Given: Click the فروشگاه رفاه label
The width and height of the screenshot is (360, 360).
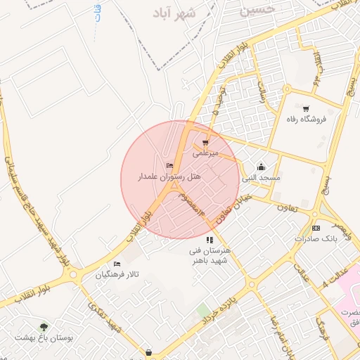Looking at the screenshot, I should [x=308, y=120].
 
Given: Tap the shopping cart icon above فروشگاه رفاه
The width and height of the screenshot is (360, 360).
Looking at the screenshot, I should [x=306, y=108].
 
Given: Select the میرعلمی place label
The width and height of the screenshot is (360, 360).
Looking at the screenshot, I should [x=207, y=153].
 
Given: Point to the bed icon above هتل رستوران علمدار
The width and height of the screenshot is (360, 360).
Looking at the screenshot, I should [x=169, y=166].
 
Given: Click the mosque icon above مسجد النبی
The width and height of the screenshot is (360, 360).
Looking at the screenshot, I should [x=262, y=167].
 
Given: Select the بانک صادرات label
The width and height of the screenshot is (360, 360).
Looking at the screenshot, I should [x=316, y=239].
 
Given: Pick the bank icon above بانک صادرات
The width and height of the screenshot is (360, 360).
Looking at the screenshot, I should [x=316, y=228].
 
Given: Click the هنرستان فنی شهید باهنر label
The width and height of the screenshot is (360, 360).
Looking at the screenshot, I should [x=210, y=255].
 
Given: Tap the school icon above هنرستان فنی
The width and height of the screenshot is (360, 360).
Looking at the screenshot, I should [x=210, y=240].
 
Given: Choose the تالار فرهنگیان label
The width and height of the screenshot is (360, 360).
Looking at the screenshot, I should [x=117, y=274].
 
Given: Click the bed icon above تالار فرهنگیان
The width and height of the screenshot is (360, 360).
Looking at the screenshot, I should [x=117, y=264].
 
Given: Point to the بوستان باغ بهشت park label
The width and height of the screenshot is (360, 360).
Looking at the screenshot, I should [x=46, y=337].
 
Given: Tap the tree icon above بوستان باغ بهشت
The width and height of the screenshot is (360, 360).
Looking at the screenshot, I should [x=44, y=326].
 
